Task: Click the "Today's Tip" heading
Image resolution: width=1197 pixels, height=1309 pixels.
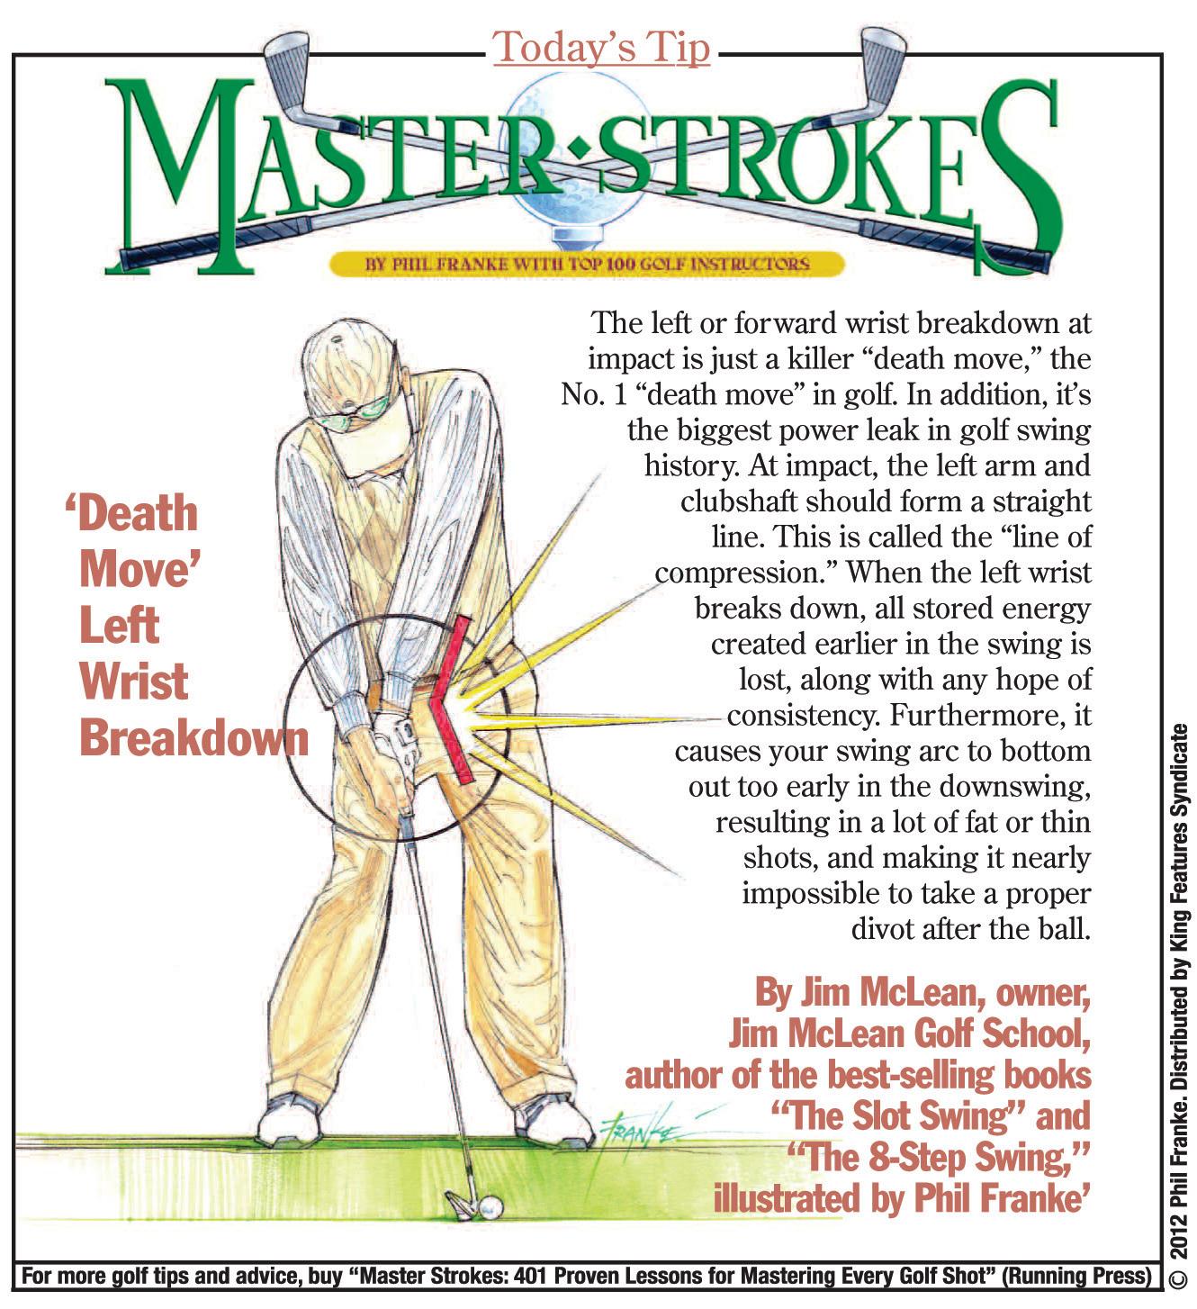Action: coord(601,48)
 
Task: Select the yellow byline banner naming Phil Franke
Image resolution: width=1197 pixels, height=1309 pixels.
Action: coord(587,264)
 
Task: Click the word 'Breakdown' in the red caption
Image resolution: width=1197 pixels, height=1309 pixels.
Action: coord(193,738)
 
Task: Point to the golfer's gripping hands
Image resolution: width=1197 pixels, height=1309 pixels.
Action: coord(387,756)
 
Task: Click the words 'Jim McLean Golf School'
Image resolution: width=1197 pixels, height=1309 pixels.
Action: coord(909,1034)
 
